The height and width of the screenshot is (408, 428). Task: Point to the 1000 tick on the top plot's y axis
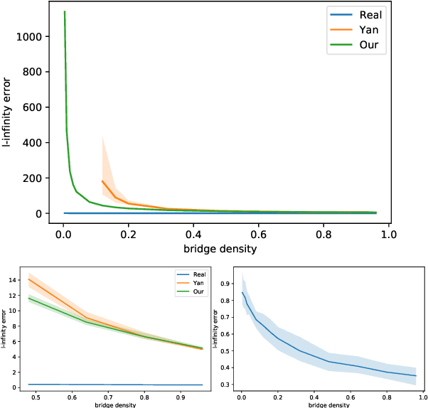point(37,36)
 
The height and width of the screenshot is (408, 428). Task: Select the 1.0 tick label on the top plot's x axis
point(387,232)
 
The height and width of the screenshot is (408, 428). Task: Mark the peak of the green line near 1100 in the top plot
point(65,11)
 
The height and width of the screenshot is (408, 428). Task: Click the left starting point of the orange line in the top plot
point(102,181)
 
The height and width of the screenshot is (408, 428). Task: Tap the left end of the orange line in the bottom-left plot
point(28,279)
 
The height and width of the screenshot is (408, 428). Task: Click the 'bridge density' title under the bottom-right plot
point(328,405)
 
